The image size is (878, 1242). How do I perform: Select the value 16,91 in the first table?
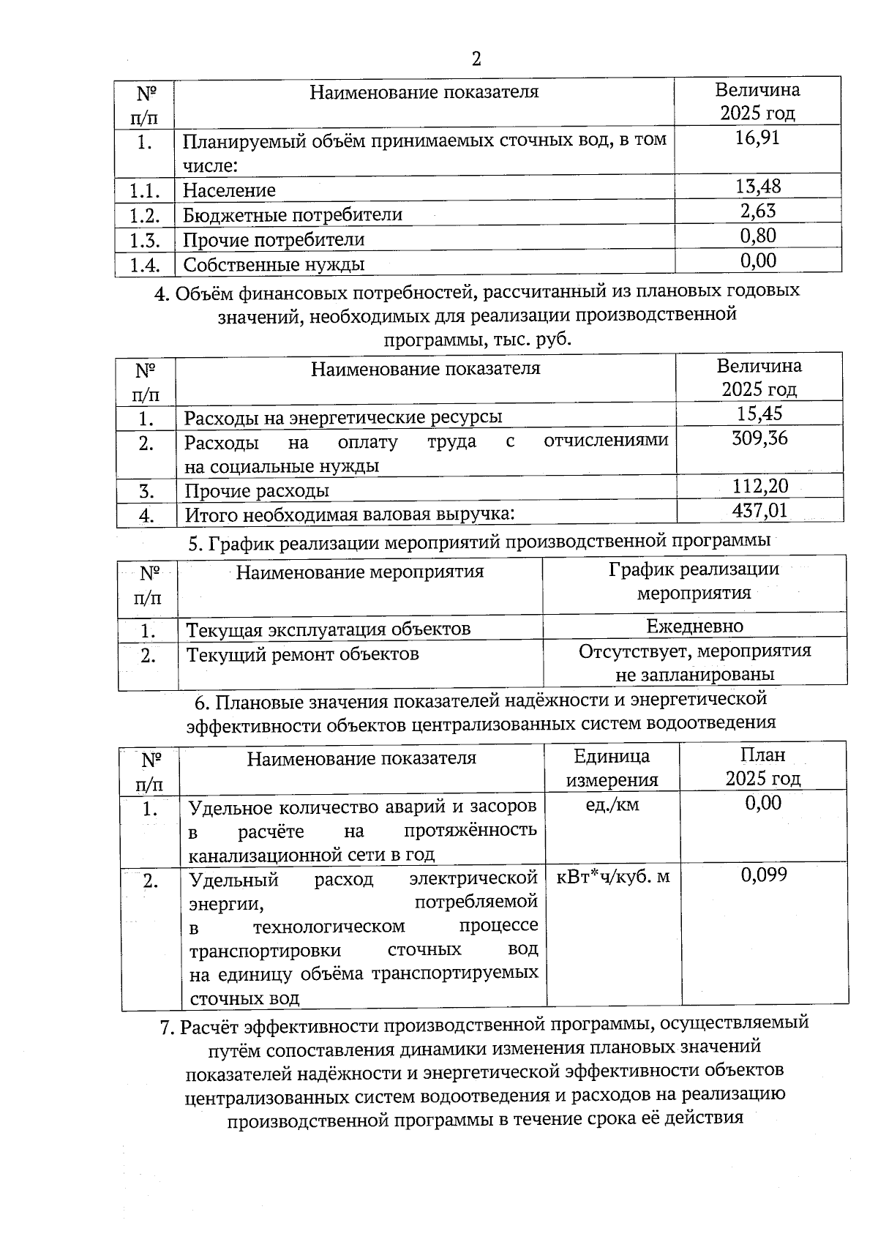(x=757, y=138)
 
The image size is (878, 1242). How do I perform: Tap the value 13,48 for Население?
(x=758, y=187)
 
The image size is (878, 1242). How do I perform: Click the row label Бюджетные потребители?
(x=293, y=215)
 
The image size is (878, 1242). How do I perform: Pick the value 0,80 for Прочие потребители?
(x=758, y=236)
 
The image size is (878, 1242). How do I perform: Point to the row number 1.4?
(x=144, y=265)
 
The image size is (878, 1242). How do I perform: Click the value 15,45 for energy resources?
(x=759, y=414)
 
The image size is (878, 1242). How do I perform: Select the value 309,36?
(x=759, y=439)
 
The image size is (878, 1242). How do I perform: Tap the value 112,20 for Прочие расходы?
(x=760, y=486)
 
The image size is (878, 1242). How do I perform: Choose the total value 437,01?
(x=760, y=510)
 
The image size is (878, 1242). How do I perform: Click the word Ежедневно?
(x=694, y=626)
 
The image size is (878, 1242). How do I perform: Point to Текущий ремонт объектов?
(x=302, y=654)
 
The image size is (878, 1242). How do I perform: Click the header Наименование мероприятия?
(x=359, y=572)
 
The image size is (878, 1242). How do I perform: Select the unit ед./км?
(x=612, y=805)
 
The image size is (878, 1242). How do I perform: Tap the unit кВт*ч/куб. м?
(x=613, y=877)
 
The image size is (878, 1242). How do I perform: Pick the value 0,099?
(x=764, y=875)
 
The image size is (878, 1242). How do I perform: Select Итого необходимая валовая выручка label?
(x=349, y=515)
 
